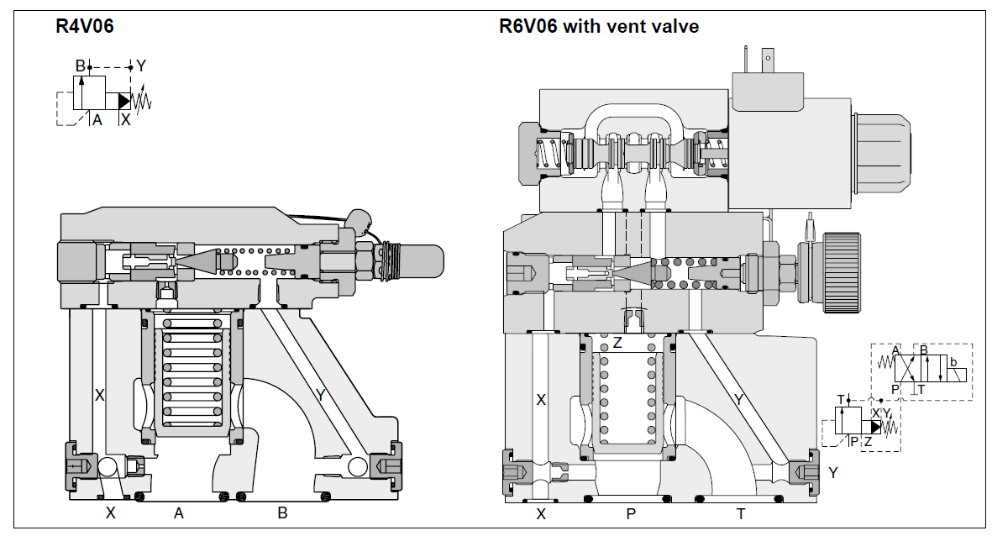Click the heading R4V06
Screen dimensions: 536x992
coord(84,27)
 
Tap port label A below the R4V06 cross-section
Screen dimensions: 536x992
coord(178,513)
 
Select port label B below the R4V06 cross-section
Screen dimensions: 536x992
coord(282,513)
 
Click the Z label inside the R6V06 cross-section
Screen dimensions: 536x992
coord(617,342)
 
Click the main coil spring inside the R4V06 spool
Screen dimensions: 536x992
coord(192,370)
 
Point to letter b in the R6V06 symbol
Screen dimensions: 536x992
coord(952,360)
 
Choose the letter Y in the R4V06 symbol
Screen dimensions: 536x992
coord(141,66)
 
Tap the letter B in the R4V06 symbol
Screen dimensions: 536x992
coord(80,66)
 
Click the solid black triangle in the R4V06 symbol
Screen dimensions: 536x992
coord(123,101)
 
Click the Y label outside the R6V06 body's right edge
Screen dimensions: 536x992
coord(832,472)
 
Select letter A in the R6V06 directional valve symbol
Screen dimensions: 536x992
coord(895,349)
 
